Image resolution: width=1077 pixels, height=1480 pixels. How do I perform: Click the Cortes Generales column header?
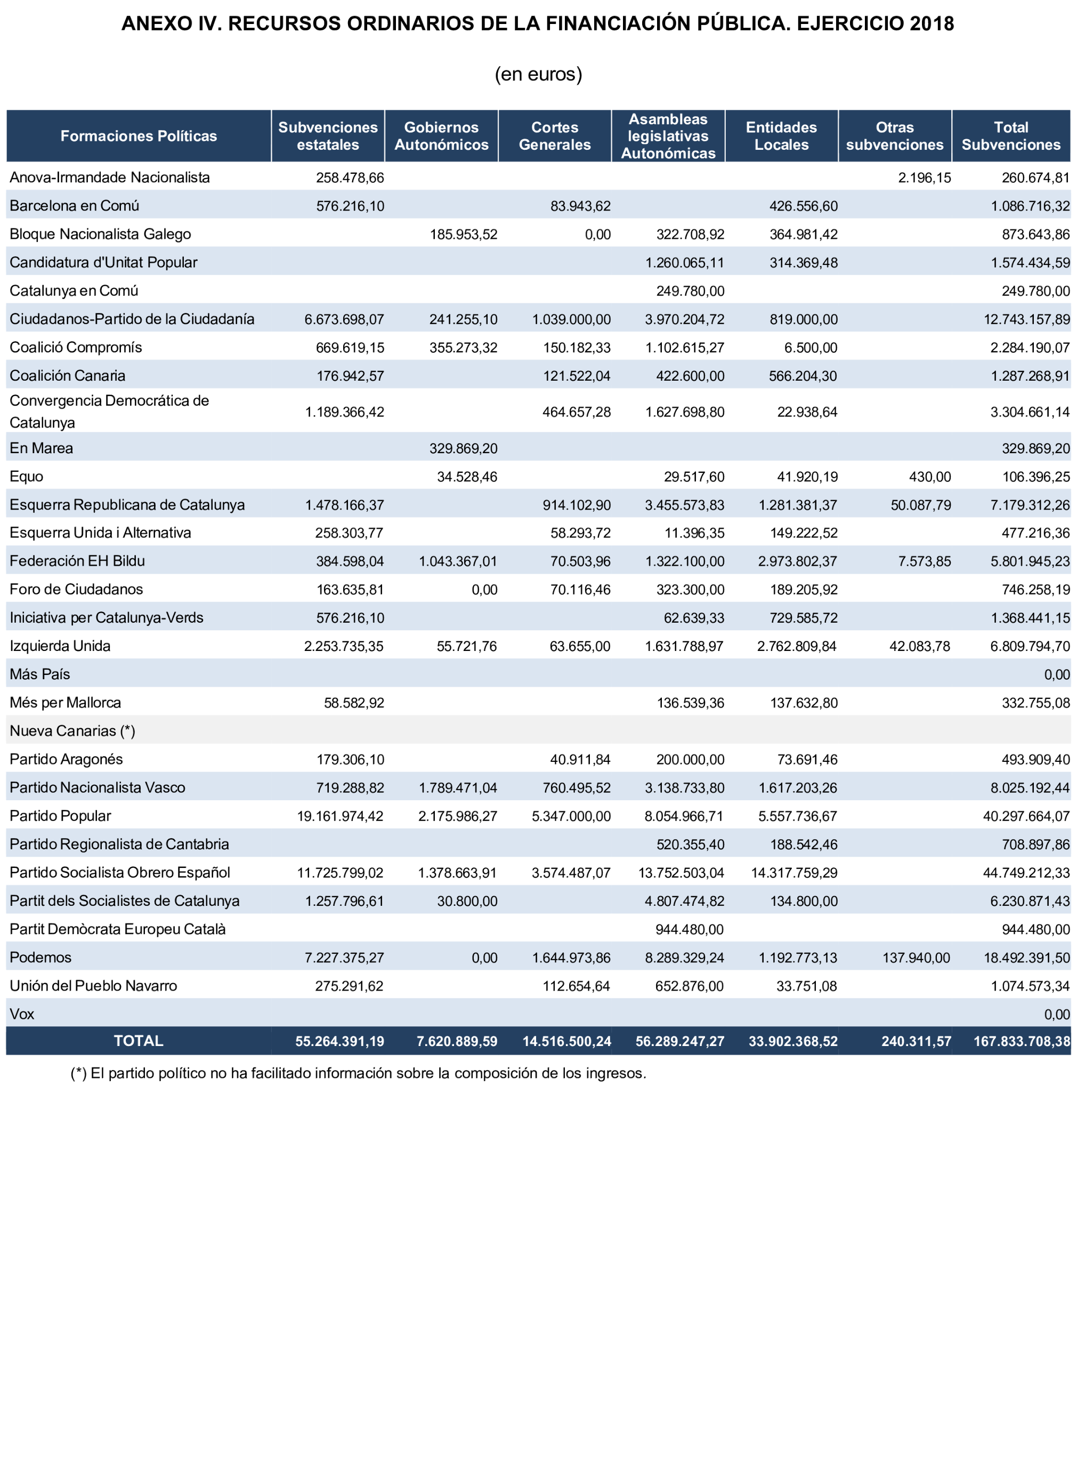coord(554,136)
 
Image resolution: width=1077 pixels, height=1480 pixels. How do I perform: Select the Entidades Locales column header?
coord(781,136)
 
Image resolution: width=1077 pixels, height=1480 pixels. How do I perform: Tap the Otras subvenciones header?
coord(894,136)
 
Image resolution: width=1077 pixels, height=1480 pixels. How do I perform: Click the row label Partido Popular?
coord(60,816)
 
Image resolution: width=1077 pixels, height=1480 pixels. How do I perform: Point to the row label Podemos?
coord(41,958)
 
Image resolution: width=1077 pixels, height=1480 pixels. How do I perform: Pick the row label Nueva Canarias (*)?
coord(72,731)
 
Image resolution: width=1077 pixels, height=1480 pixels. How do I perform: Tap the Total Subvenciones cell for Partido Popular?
coord(1026,816)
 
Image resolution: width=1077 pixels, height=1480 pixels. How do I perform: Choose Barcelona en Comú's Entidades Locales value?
coord(803,206)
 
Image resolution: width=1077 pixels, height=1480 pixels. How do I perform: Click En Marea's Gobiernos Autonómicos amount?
coord(463,448)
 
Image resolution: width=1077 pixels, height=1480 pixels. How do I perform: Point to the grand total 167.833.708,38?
coord(1022,1041)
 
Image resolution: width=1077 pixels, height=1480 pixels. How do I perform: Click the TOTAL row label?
coord(139,1041)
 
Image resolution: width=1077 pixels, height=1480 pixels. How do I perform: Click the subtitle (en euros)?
coord(538,74)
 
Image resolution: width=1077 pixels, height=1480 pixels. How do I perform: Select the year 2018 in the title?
coord(932,23)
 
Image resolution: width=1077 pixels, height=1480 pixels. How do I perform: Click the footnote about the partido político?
coord(358,1073)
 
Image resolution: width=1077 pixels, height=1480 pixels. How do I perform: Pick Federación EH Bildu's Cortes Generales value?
coord(580,561)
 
